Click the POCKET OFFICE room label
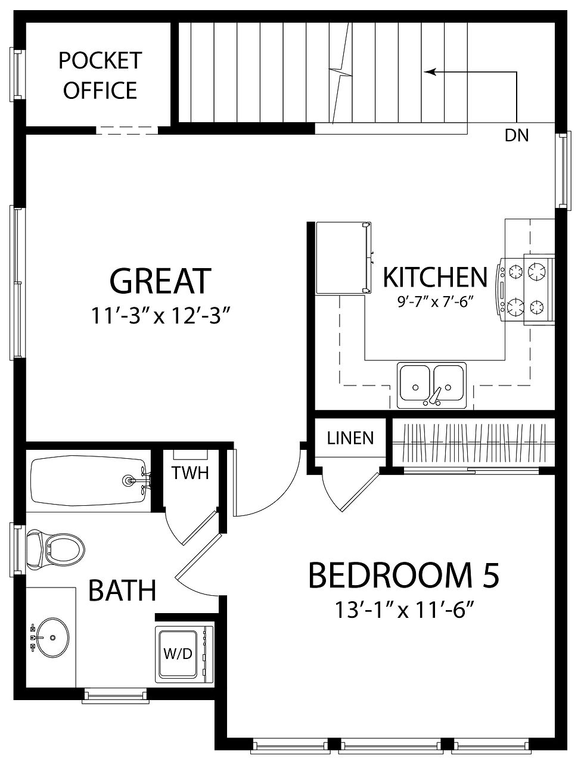[100, 75]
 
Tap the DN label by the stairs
[516, 135]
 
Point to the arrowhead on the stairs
[430, 72]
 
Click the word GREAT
[160, 281]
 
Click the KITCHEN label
[435, 277]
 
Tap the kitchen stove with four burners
[526, 290]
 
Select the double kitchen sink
[431, 385]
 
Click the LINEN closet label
[350, 438]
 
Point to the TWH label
[190, 472]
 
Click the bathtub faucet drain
[129, 480]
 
